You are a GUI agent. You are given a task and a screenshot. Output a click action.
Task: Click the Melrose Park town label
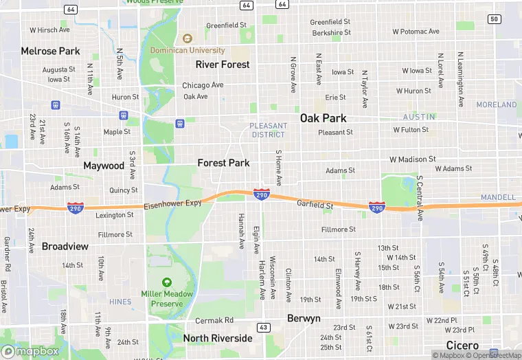[50, 51]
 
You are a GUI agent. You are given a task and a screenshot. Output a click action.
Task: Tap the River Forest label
[223, 64]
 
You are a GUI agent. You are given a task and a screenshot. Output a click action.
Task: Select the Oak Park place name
[323, 117]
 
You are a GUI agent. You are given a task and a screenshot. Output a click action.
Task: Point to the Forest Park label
[223, 163]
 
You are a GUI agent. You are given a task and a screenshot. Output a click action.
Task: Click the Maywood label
[104, 166]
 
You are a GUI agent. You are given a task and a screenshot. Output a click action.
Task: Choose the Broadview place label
[65, 246]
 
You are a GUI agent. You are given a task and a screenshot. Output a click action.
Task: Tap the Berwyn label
[304, 318]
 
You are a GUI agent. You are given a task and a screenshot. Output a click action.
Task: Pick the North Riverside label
[218, 338]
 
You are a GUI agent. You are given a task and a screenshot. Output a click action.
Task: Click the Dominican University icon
[188, 38]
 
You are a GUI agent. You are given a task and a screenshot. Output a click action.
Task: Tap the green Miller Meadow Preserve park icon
[166, 282]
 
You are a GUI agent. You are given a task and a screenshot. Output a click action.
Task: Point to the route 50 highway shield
[495, 19]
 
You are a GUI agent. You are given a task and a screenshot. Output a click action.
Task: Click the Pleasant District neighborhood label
[268, 130]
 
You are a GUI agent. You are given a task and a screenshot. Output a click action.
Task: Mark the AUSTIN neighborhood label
[419, 117]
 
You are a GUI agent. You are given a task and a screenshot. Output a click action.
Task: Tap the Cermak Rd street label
[214, 320]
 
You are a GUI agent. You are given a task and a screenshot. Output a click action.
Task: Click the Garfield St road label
[315, 204]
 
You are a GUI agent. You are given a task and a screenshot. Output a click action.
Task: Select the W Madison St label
[412, 159]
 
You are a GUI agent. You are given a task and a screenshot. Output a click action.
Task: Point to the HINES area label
[120, 302]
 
